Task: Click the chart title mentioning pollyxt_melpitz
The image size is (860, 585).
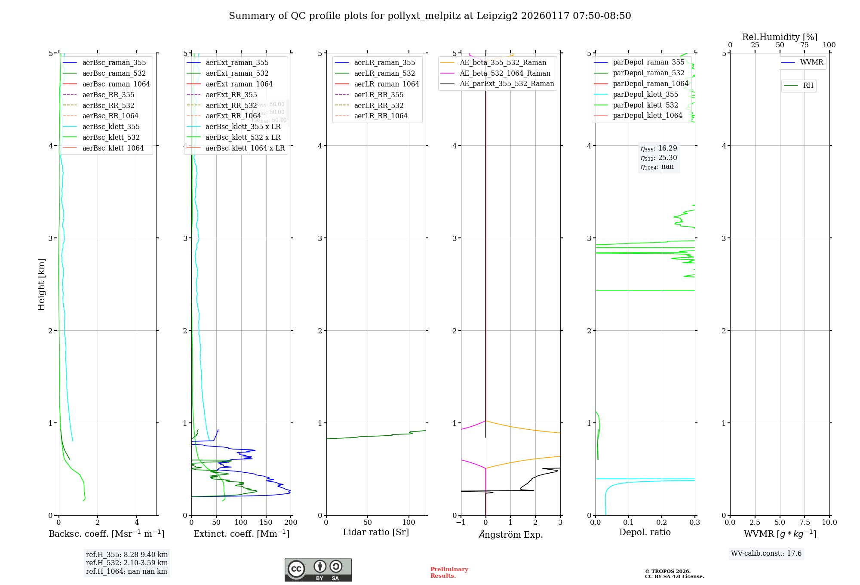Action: click(430, 16)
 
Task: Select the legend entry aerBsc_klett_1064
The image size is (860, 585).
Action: click(113, 148)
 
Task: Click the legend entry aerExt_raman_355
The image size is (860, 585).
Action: click(237, 63)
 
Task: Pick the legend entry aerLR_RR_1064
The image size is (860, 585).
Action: click(381, 116)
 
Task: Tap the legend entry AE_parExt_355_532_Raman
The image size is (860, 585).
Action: click(507, 83)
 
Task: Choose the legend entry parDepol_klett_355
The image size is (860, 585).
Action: click(645, 94)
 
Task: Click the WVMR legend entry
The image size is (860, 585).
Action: click(811, 62)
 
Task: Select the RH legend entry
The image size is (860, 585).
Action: click(808, 86)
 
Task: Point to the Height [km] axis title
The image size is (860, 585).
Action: click(41, 284)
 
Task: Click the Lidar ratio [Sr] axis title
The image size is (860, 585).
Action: click(375, 532)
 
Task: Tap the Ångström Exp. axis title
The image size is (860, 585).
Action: click(510, 534)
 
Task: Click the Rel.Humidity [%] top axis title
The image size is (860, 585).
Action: click(780, 37)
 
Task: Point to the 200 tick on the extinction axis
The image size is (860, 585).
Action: click(291, 522)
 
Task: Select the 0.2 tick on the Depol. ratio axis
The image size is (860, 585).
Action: click(661, 522)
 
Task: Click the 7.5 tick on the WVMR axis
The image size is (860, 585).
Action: click(805, 522)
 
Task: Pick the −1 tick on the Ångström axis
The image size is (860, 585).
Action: click(461, 522)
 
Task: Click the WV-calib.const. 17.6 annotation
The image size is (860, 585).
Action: click(766, 553)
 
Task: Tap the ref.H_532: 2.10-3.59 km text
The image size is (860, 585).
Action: click(126, 563)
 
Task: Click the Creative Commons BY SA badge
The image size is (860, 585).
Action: click(318, 570)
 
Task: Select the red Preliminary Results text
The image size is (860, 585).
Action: click(449, 572)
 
